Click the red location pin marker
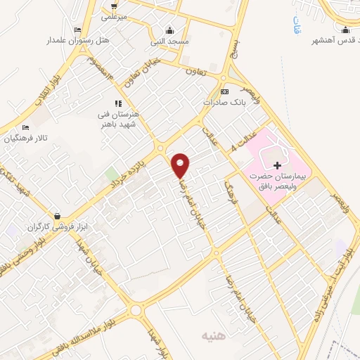(181, 165)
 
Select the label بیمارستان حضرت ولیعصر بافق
(277, 183)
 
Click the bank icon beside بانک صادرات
(224, 92)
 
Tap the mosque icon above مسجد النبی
(169, 30)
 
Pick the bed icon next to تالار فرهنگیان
(25, 128)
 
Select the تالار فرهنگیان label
(25, 139)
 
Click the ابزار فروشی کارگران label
(56, 227)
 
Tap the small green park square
(110, 174)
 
